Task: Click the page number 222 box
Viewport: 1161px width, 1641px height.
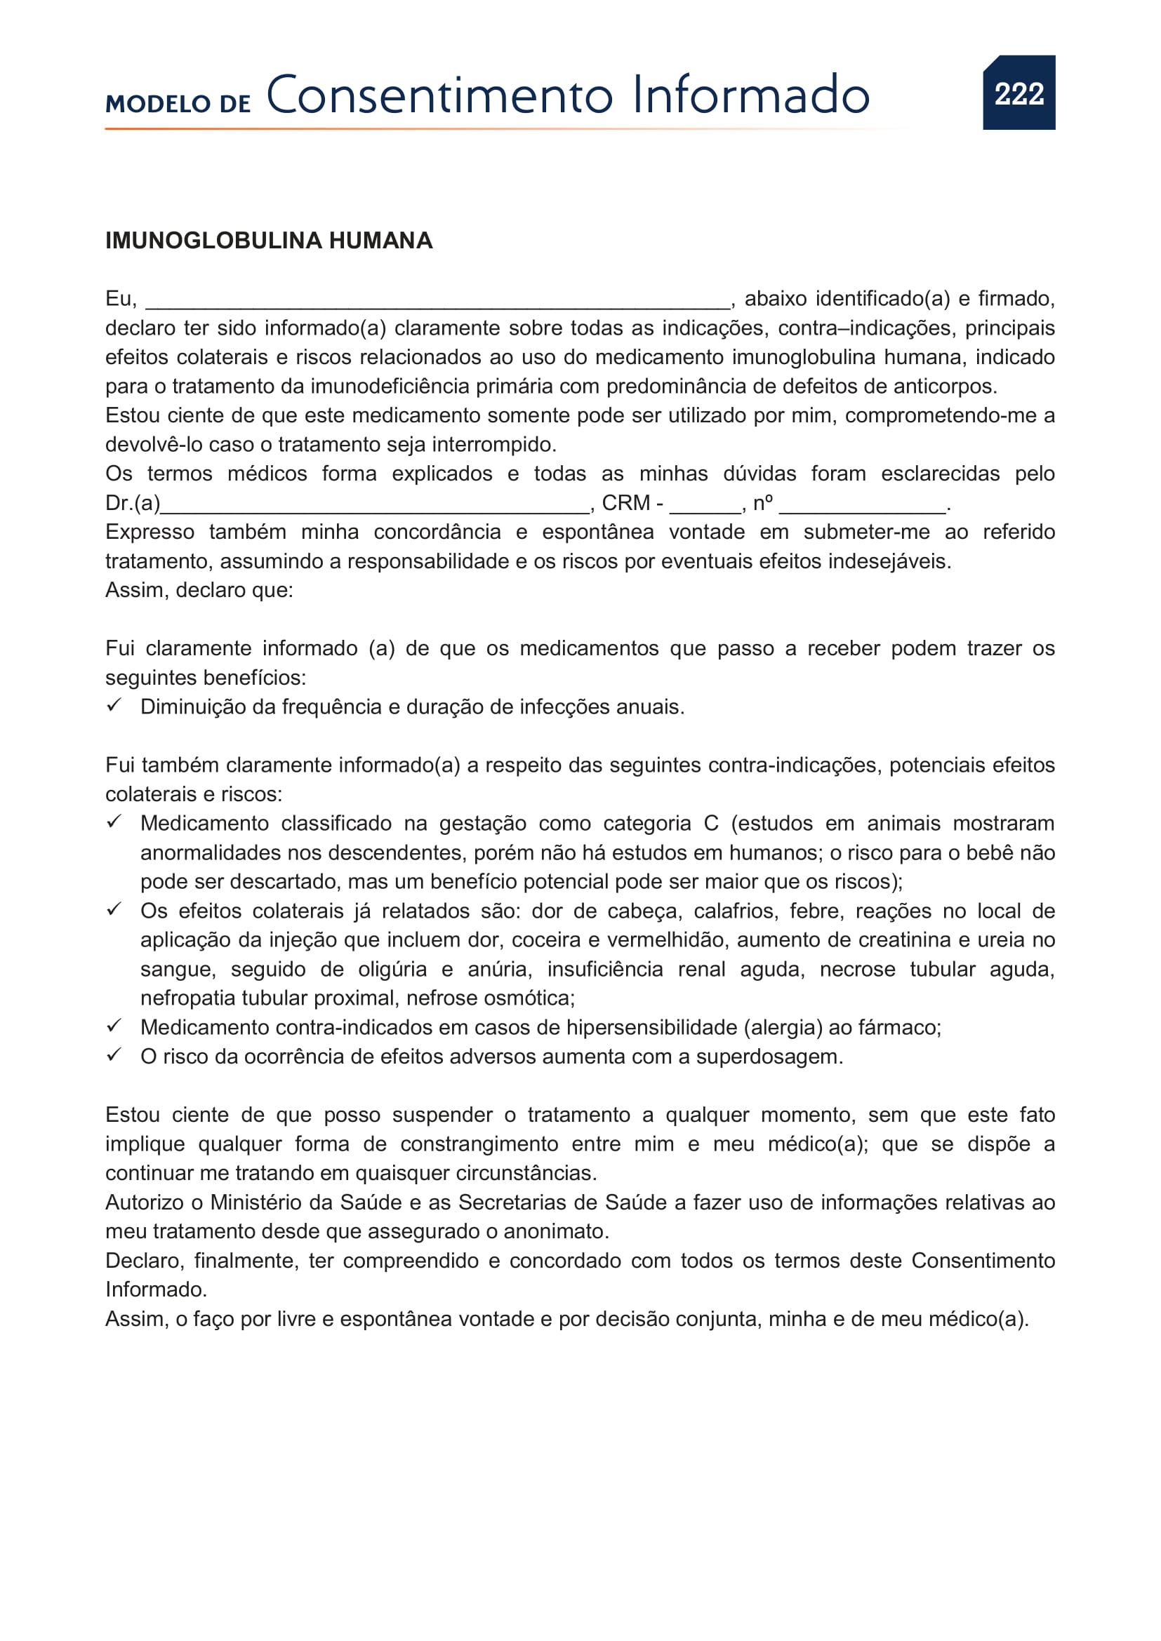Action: pyautogui.click(x=1018, y=93)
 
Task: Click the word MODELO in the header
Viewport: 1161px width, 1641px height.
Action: pyautogui.click(x=157, y=105)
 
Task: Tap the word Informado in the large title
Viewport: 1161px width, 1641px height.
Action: pyautogui.click(x=750, y=96)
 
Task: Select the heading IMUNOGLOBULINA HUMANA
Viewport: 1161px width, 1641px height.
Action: pyautogui.click(x=269, y=241)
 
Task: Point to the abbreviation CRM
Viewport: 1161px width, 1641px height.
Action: pyautogui.click(x=626, y=503)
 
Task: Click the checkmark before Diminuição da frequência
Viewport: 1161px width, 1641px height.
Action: pyautogui.click(x=114, y=705)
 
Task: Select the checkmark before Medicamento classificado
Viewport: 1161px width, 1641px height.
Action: pyautogui.click(x=114, y=822)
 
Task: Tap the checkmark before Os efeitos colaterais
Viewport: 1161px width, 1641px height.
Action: pyautogui.click(x=114, y=909)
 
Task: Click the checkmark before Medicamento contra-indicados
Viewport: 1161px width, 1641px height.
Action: pyautogui.click(x=114, y=1026)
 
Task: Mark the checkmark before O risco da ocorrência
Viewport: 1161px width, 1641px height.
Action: pyautogui.click(x=114, y=1055)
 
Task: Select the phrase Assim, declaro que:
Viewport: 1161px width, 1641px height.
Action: pyautogui.click(x=199, y=590)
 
